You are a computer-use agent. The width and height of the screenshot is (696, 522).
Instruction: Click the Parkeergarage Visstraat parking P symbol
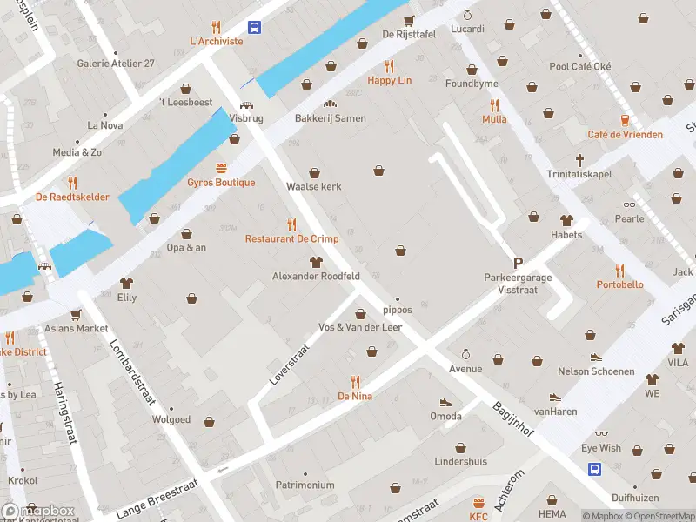(518, 263)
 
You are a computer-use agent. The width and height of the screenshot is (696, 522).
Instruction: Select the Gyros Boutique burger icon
(221, 168)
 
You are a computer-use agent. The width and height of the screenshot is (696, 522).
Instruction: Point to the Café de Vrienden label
(625, 134)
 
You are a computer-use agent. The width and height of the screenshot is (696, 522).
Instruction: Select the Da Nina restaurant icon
(355, 381)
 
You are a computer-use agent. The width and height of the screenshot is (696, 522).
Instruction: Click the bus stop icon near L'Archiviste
(254, 28)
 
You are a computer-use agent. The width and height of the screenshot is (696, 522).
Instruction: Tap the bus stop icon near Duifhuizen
(595, 469)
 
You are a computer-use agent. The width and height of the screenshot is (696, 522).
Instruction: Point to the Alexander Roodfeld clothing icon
(316, 262)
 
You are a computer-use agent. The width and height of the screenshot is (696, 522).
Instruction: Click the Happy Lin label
(389, 80)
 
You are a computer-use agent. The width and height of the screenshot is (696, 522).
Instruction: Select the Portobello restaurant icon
(619, 271)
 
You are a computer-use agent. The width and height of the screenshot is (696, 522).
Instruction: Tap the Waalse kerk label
(313, 187)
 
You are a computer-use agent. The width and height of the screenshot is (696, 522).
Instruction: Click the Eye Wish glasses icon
(601, 434)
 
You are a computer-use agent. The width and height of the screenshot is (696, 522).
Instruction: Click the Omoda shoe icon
(445, 403)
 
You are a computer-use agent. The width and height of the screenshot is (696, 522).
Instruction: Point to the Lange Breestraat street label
(157, 499)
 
